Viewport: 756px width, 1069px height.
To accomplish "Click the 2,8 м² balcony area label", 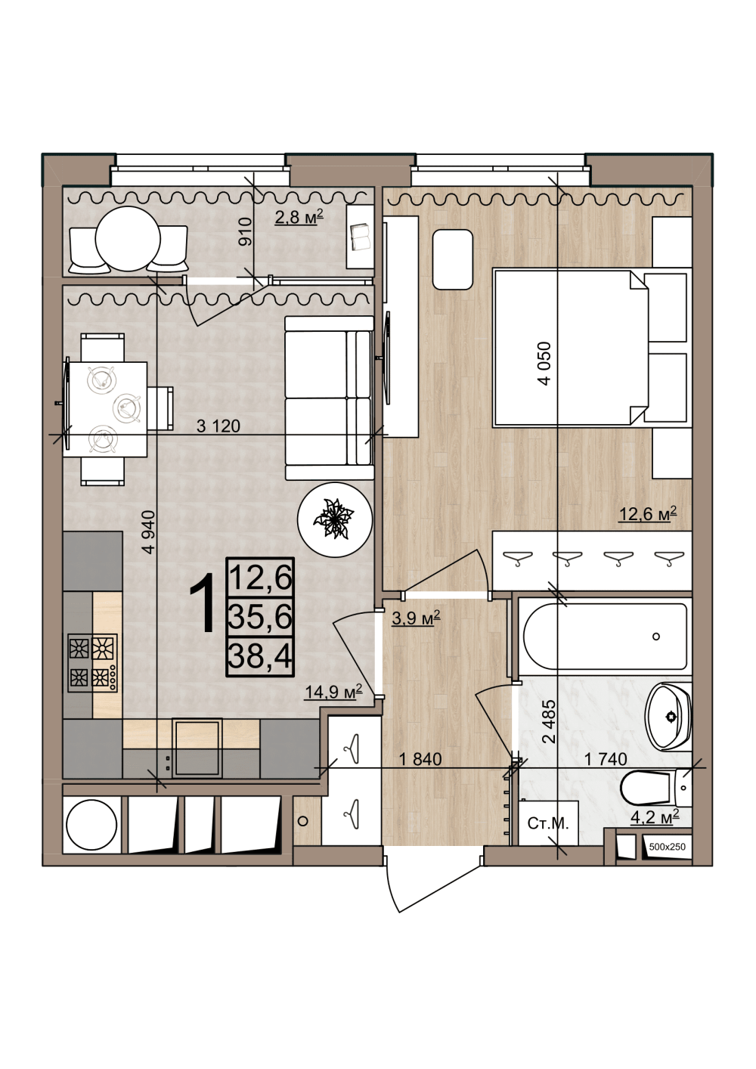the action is (299, 217).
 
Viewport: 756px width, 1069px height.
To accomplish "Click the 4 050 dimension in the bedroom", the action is (544, 363).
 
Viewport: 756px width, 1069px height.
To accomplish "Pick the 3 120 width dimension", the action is (218, 426).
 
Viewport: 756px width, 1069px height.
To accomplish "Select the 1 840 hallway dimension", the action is (420, 759).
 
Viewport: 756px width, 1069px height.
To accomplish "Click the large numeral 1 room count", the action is (203, 603).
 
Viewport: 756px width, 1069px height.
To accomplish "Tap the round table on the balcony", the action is (128, 238).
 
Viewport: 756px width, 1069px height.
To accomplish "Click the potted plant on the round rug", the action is (333, 517).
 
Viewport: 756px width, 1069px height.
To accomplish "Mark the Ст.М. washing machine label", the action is (548, 824).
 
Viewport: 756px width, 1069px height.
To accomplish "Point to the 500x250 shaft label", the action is (668, 847).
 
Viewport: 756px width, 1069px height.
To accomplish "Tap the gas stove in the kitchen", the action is (92, 662).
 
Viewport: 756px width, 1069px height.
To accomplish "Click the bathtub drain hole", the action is (656, 636).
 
